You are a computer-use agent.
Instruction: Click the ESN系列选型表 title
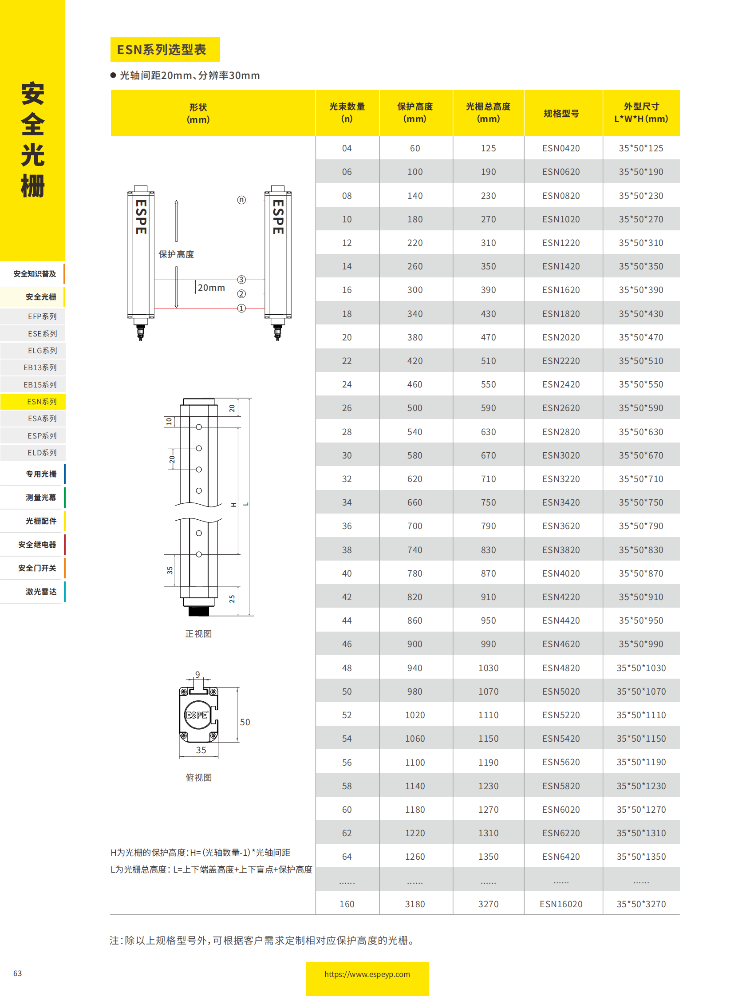(x=161, y=49)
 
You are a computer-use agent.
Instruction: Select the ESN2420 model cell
(x=561, y=384)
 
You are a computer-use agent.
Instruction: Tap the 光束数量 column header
(x=347, y=112)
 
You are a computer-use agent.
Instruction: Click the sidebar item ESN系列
(x=42, y=401)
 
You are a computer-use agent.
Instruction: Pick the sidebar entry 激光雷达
(x=41, y=592)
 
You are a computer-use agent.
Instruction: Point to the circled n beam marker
(x=241, y=200)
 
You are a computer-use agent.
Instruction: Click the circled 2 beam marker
(x=241, y=294)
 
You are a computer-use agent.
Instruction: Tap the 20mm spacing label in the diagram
(x=211, y=288)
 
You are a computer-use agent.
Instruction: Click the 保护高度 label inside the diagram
(x=176, y=254)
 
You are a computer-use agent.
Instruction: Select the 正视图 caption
(x=198, y=634)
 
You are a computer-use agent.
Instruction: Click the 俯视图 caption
(x=198, y=777)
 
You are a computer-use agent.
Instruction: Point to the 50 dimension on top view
(x=245, y=722)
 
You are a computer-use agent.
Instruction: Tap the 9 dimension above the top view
(x=197, y=674)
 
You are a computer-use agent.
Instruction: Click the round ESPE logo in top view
(x=197, y=715)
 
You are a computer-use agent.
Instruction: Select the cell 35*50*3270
(x=641, y=904)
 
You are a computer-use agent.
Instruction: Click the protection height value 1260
(x=414, y=857)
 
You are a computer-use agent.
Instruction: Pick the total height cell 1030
(x=488, y=668)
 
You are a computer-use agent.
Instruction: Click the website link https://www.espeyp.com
(x=367, y=974)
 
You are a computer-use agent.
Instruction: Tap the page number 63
(x=17, y=973)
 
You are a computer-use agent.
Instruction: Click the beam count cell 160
(x=347, y=904)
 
